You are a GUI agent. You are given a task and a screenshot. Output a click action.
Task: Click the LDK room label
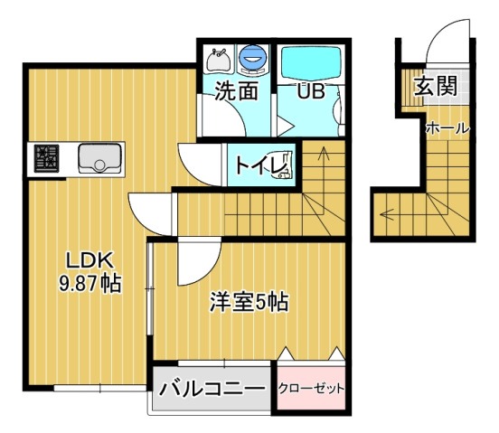tap(89, 261)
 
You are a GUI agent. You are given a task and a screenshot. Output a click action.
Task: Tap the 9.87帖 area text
tap(89, 284)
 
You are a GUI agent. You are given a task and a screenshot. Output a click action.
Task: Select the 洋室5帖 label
tap(249, 302)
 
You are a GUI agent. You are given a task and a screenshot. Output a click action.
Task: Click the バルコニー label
tap(212, 389)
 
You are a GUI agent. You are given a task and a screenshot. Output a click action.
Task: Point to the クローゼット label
tap(311, 389)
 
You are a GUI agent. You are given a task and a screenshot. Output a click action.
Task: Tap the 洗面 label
tap(236, 90)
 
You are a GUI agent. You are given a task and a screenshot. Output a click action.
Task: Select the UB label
tap(311, 91)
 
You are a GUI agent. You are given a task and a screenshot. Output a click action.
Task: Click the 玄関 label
tap(436, 86)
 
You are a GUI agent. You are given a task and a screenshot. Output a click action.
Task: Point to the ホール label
tap(447, 129)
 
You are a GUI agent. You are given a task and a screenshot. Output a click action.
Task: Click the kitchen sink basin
tap(100, 158)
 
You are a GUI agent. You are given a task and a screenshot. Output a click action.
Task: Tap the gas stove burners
tap(46, 158)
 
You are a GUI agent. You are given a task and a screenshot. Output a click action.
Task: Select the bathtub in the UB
tap(311, 62)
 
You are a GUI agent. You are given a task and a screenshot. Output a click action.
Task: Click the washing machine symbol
tap(253, 60)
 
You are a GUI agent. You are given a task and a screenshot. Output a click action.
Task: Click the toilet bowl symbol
tap(285, 165)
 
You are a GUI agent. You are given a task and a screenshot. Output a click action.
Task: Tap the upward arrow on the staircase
tap(325, 181)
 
